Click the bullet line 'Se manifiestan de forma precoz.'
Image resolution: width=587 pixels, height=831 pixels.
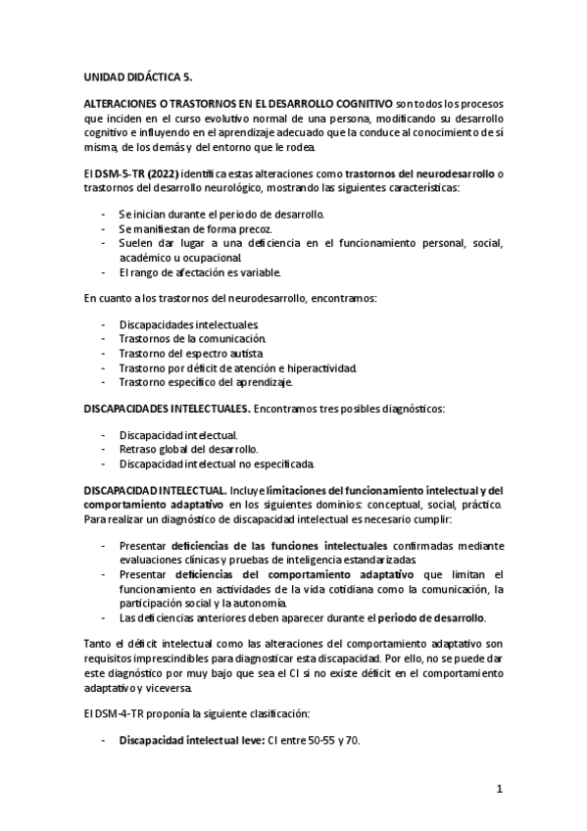[x=194, y=227]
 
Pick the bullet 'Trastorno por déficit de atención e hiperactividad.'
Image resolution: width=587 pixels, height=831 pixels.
[x=238, y=367]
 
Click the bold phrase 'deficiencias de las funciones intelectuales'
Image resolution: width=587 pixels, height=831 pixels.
[x=279, y=545]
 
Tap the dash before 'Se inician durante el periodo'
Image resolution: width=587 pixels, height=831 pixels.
[x=105, y=213]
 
